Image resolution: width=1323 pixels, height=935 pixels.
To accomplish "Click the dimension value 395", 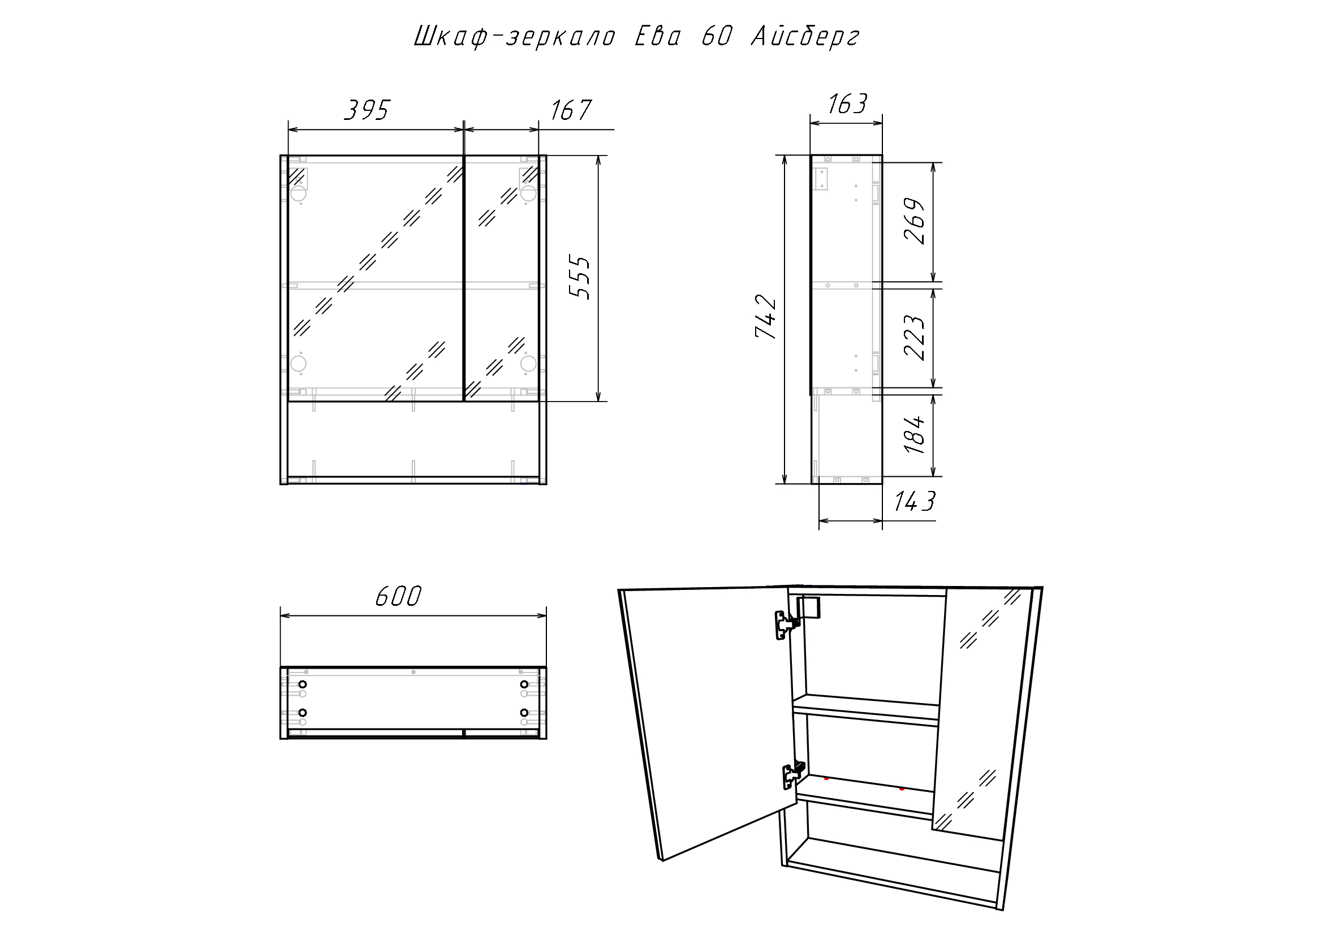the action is coord(368,110).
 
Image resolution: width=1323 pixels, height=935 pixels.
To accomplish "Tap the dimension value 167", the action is coord(571,110).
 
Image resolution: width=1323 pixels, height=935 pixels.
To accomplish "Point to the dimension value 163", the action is coord(847,104).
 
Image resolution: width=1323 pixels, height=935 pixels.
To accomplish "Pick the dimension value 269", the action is coord(915,222).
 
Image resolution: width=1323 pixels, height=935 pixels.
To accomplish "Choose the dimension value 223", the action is coord(915,337).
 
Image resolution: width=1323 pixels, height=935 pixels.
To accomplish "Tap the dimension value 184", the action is coord(915,434).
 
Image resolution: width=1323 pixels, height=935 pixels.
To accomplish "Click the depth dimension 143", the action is coord(915,501).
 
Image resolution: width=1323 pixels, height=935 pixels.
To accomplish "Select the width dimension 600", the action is coord(399,596).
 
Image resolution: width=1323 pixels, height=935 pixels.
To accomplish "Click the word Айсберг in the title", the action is coord(805,37).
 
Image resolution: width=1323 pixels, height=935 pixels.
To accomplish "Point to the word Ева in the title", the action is coord(657,36).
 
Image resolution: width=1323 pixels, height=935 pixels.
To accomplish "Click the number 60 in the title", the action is coord(716,36).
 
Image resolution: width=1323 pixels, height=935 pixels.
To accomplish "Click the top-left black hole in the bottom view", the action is coord(303,684).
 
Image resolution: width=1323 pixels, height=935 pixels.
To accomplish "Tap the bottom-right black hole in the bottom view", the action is coord(524,713).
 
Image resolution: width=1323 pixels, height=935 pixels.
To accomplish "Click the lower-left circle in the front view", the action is coord(299,364).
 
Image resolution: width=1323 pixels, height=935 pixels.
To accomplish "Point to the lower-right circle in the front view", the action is coord(528,363).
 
